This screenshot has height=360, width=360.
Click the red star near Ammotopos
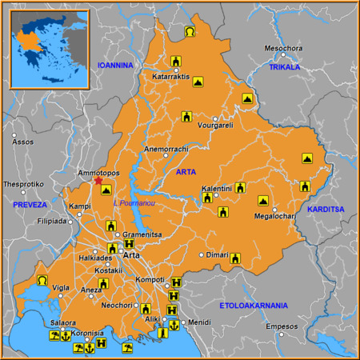pyautogui.click(x=98, y=181)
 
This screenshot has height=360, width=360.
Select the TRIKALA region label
pyautogui.click(x=284, y=67)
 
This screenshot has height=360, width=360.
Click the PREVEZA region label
pyautogui.click(x=30, y=205)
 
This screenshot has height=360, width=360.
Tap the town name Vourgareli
pyautogui.click(x=214, y=126)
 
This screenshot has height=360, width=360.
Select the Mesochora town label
pyautogui.click(x=283, y=48)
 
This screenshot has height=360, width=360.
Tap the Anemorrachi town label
pyautogui.click(x=166, y=149)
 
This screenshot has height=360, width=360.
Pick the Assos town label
pyautogui.click(x=23, y=142)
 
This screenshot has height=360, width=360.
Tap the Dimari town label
pyautogui.click(x=218, y=254)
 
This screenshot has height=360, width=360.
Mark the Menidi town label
pyautogui.click(x=200, y=322)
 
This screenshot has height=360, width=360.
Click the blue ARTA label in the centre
pyautogui.click(x=185, y=172)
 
